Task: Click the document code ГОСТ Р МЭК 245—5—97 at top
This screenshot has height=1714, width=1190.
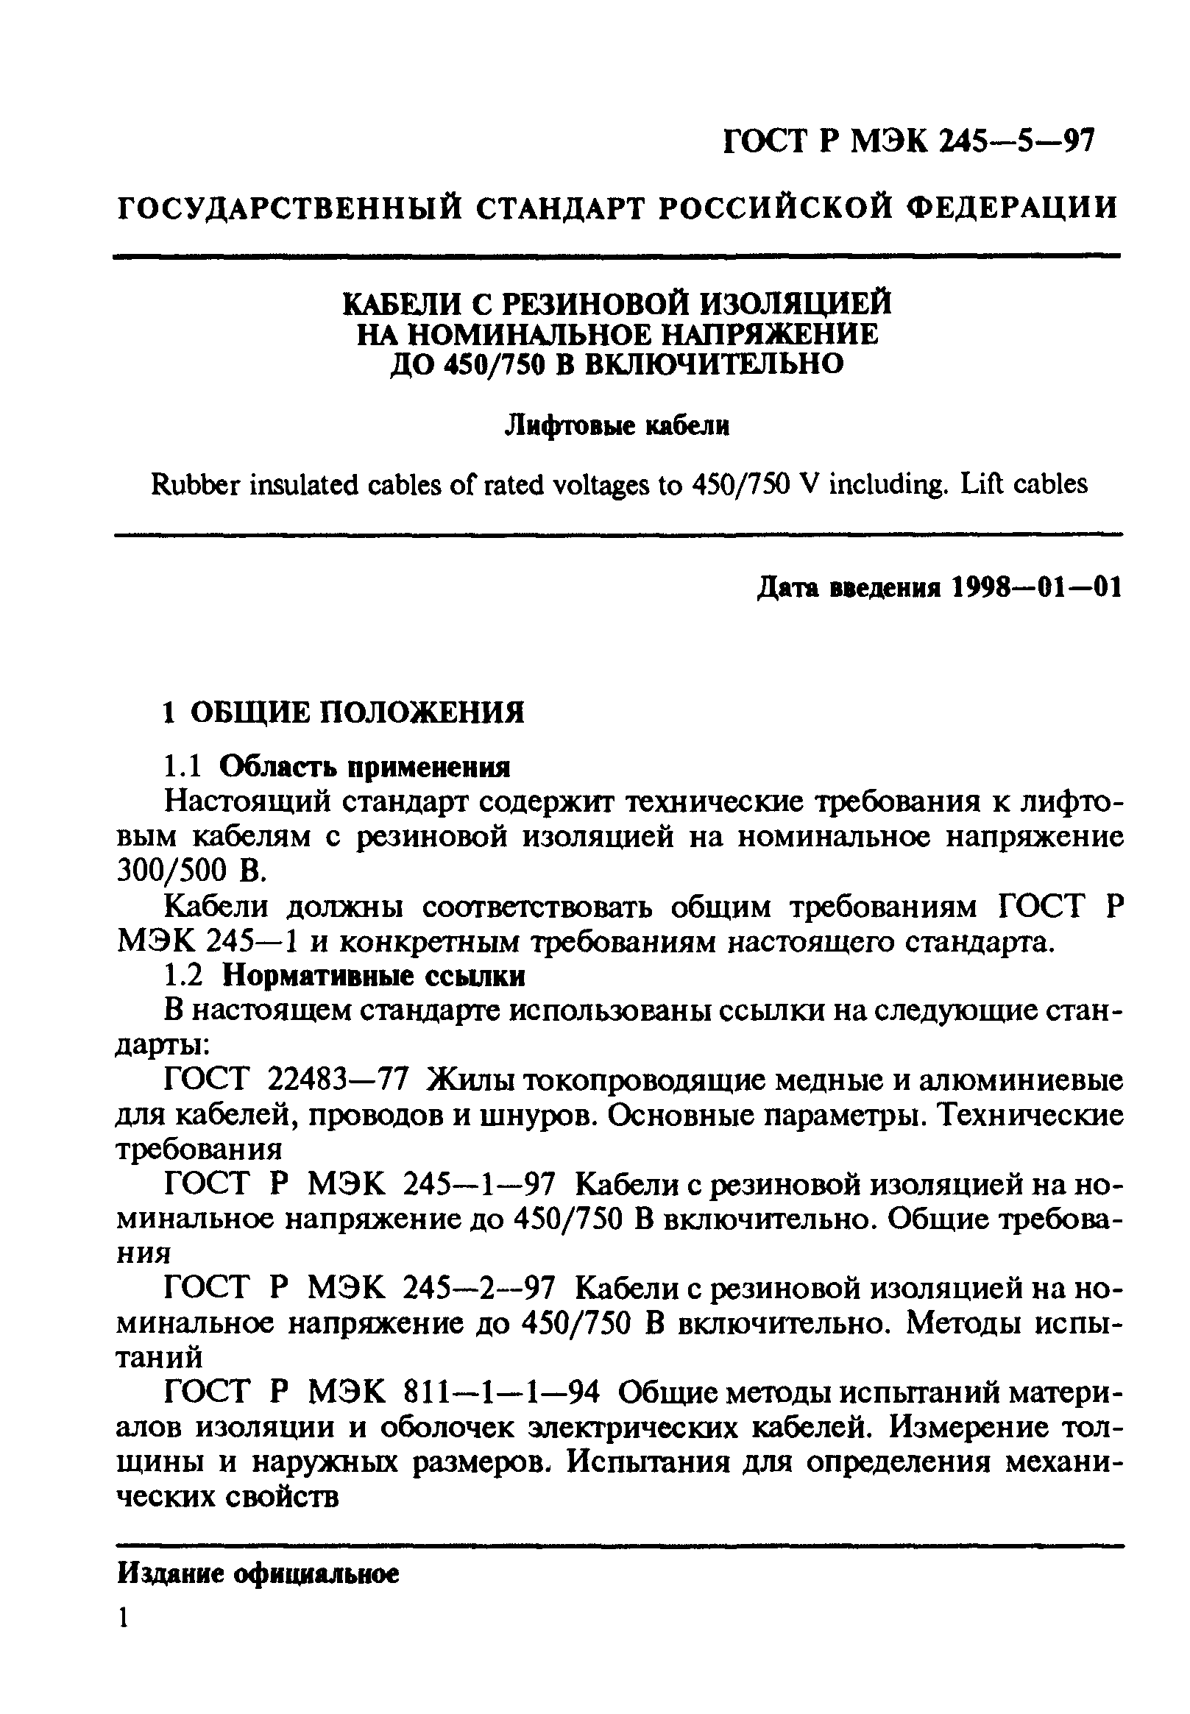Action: pos(909,140)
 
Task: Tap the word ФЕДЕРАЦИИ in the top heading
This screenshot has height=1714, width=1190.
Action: pos(1016,207)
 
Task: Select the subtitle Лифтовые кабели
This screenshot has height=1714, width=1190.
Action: pos(617,425)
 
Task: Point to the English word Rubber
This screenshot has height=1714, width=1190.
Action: pos(194,485)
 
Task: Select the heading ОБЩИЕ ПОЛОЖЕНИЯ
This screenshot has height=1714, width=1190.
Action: pos(357,712)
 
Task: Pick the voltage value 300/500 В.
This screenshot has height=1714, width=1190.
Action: pos(190,871)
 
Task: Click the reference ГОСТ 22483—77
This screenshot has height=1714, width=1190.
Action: pos(286,1080)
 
